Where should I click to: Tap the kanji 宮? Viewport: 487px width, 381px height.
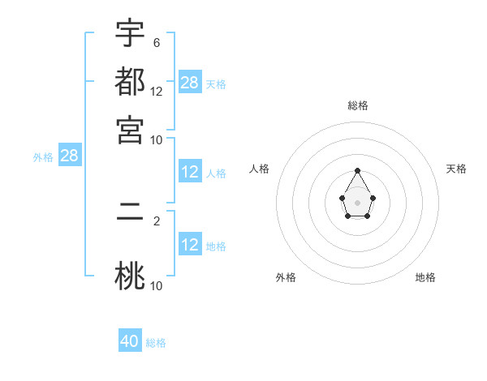click(x=130, y=130)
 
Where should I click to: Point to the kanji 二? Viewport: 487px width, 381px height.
click(x=130, y=215)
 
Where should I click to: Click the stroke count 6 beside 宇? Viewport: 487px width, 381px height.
click(x=156, y=42)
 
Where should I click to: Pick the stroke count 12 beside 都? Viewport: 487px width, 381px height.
click(x=157, y=91)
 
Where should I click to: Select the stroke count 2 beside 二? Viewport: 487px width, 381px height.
click(x=156, y=220)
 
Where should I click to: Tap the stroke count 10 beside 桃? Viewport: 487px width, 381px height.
click(x=157, y=285)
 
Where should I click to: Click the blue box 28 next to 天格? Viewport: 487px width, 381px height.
click(x=190, y=83)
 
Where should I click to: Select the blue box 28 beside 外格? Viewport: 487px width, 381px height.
click(x=69, y=156)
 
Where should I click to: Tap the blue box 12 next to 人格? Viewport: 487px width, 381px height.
click(x=190, y=172)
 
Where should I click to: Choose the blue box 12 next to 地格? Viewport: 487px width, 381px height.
click(x=190, y=245)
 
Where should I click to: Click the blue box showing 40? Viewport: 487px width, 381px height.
click(x=130, y=341)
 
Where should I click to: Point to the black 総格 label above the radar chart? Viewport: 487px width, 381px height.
click(x=358, y=105)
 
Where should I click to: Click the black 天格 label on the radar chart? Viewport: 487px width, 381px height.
click(x=457, y=169)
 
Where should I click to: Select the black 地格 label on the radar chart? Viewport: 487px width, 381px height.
click(x=425, y=277)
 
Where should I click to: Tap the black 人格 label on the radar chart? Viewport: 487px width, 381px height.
click(x=260, y=169)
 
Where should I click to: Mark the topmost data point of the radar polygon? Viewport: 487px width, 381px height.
click(x=358, y=171)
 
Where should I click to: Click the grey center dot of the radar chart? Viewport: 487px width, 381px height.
click(x=358, y=202)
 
